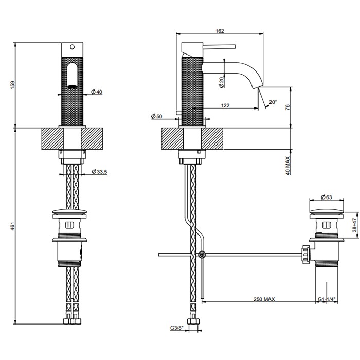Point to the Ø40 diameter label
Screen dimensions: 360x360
tap(97, 92)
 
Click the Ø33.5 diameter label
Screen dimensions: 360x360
tap(99, 172)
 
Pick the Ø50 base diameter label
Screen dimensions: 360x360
tap(157, 117)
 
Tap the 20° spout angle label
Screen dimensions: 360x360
tap(273, 103)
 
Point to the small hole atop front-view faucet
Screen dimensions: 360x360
tap(72, 46)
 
